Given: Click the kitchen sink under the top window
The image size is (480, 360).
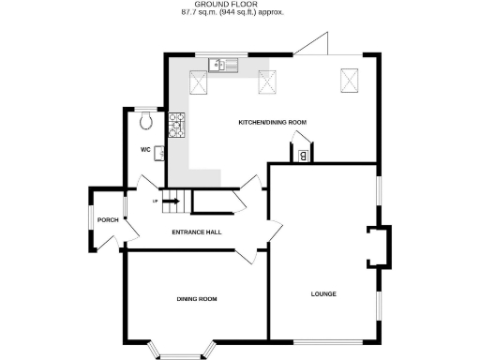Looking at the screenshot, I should pyautogui.click(x=226, y=65).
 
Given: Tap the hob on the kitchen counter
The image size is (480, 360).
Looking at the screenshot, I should pyautogui.click(x=176, y=122).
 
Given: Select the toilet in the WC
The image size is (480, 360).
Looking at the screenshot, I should pyautogui.click(x=144, y=119).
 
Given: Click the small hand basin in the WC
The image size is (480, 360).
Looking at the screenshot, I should pyautogui.click(x=158, y=154).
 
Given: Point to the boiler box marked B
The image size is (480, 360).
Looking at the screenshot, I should pyautogui.click(x=303, y=156).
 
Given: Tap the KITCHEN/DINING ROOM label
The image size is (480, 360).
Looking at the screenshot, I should pyautogui.click(x=272, y=123).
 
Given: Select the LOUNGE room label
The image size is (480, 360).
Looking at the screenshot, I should pyautogui.click(x=323, y=294).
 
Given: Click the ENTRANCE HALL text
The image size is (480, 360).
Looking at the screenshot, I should pyautogui.click(x=196, y=232).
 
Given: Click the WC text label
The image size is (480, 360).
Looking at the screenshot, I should pyautogui.click(x=145, y=150).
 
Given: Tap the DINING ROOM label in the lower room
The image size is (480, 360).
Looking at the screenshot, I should pyautogui.click(x=197, y=299).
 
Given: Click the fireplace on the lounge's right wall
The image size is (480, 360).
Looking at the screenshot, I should pyautogui.click(x=380, y=247).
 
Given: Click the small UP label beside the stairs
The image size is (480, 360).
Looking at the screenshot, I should pyautogui.click(x=155, y=200).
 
